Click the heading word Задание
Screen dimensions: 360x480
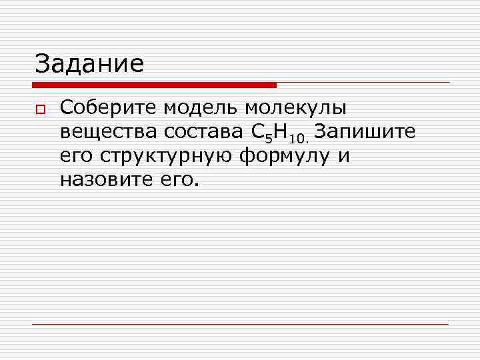89,64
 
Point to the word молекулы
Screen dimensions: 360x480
297,108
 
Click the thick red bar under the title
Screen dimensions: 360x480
154,85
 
